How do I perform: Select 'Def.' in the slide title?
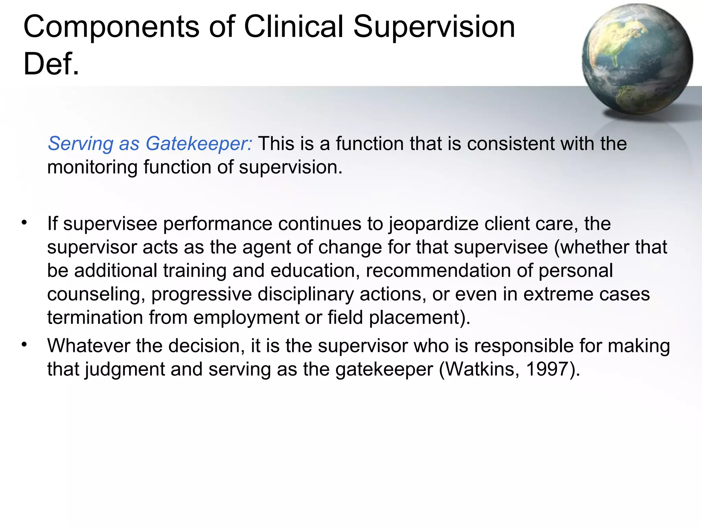pos(51,64)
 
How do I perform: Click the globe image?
pos(637,59)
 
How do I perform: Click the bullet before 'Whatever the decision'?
pos(24,344)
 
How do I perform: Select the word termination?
pos(95,317)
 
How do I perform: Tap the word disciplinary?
pos(305,294)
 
